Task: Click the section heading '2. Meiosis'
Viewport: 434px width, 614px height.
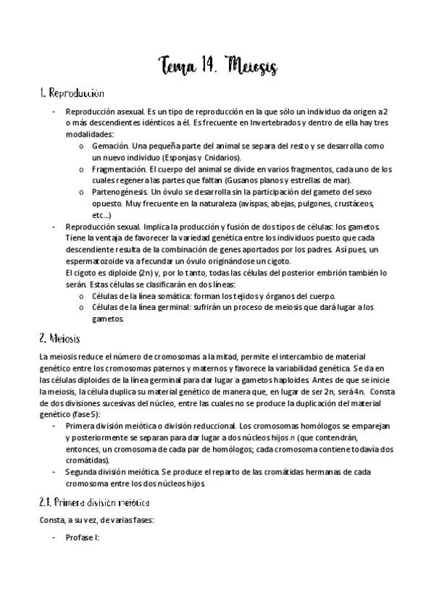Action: [60, 338]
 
